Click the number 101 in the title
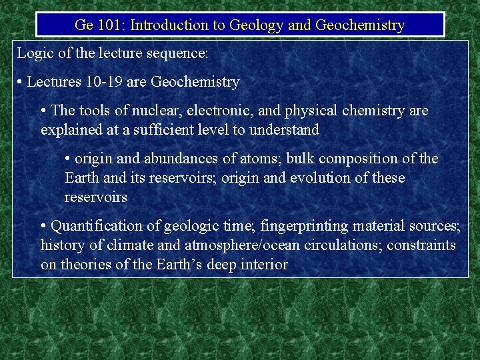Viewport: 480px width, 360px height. (108, 25)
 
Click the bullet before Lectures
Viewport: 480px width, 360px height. (21, 83)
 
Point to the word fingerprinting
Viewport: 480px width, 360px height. (303, 226)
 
